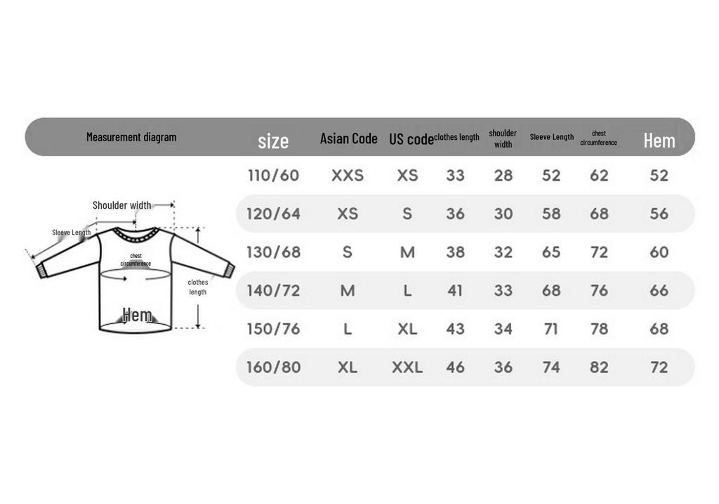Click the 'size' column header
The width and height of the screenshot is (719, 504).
click(273, 141)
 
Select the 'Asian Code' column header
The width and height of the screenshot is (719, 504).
click(348, 138)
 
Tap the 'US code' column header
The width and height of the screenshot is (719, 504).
click(411, 138)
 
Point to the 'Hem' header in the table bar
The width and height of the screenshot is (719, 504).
click(659, 141)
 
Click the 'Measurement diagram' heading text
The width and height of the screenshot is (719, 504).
click(131, 137)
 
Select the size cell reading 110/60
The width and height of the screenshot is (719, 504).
click(273, 175)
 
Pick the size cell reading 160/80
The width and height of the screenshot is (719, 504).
click(273, 367)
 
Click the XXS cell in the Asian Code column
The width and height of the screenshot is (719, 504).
click(348, 175)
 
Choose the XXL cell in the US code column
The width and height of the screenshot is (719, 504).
click(407, 367)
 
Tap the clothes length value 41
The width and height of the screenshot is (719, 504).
click(455, 290)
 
